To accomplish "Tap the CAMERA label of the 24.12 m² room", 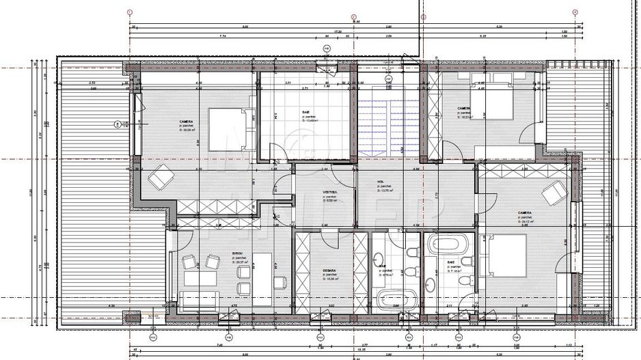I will pos(524,213).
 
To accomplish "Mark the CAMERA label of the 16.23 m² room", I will pos(463,108).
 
